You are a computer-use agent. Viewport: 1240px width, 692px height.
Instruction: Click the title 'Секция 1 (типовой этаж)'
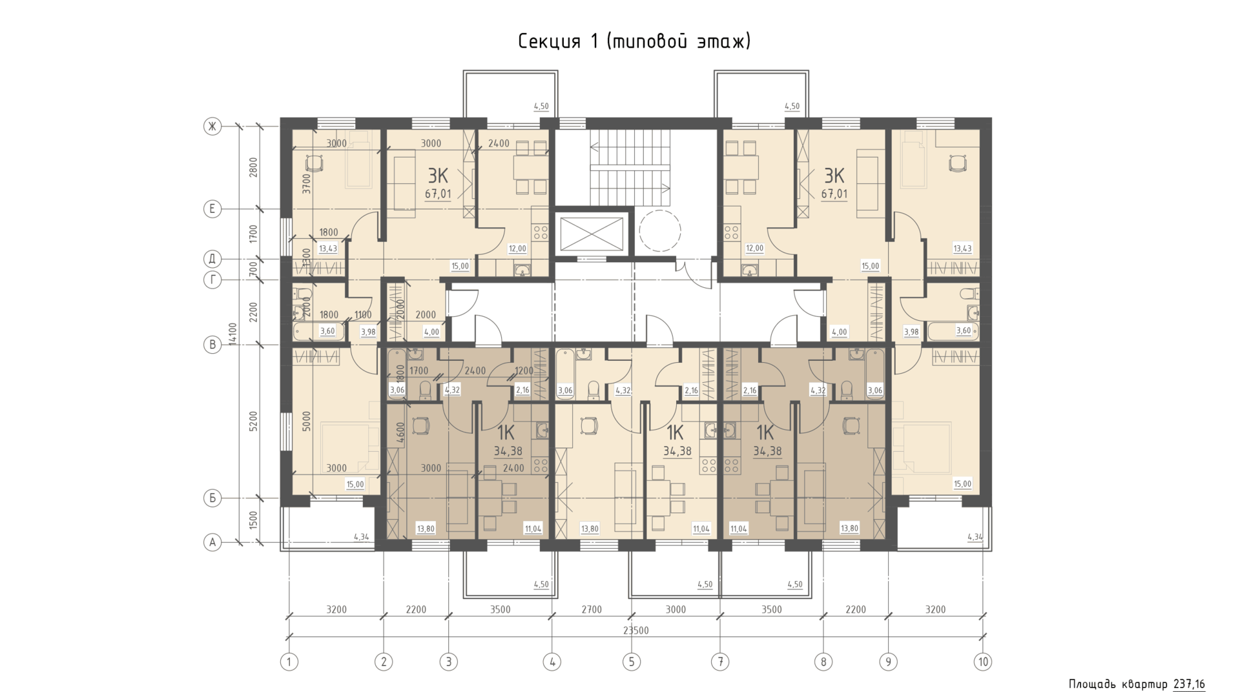pyautogui.click(x=634, y=42)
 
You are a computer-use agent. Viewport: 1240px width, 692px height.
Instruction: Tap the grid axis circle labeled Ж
pyautogui.click(x=212, y=127)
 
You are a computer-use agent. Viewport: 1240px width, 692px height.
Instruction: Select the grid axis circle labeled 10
pyautogui.click(x=983, y=662)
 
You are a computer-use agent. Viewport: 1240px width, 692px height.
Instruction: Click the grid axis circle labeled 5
pyautogui.click(x=632, y=662)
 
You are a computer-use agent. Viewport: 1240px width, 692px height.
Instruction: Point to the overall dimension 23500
pyautogui.click(x=636, y=631)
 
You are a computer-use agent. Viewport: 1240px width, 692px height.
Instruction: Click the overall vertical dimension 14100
pyautogui.click(x=234, y=334)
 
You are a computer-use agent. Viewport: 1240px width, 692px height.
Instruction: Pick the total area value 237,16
pyautogui.click(x=1189, y=684)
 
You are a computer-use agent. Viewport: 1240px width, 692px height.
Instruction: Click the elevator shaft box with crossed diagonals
pyautogui.click(x=592, y=234)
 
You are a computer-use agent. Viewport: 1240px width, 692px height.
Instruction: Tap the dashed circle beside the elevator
pyautogui.click(x=659, y=230)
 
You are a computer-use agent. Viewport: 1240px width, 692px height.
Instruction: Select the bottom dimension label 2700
pyautogui.click(x=592, y=609)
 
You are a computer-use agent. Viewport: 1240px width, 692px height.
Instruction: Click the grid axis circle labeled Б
pyautogui.click(x=212, y=498)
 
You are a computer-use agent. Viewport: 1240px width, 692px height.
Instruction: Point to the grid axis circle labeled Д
pyautogui.click(x=212, y=259)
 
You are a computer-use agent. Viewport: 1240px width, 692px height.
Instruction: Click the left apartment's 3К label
pyautogui.click(x=438, y=176)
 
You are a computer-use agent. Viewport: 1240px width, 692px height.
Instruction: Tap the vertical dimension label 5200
pyautogui.click(x=254, y=422)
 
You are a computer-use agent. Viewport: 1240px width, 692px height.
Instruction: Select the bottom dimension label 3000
pyautogui.click(x=676, y=609)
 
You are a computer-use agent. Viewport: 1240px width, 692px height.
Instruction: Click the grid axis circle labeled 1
pyautogui.click(x=289, y=662)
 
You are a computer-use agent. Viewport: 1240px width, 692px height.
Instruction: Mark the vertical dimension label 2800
pyautogui.click(x=254, y=167)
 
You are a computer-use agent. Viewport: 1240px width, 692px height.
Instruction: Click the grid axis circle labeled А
pyautogui.click(x=212, y=542)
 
